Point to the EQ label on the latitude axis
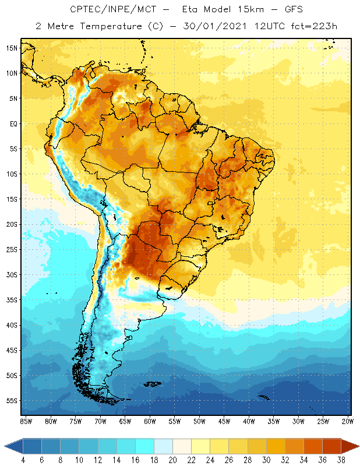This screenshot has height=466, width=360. click(x=12, y=123)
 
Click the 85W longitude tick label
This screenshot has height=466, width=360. click(x=26, y=421)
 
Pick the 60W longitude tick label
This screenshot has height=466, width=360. click(x=150, y=421)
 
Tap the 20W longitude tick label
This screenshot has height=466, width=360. click(x=348, y=421)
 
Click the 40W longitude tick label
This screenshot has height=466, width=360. click(x=249, y=421)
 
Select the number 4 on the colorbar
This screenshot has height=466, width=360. click(x=23, y=460)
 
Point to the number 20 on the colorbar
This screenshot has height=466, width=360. click(x=172, y=460)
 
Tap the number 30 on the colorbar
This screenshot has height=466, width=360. click(x=266, y=460)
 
